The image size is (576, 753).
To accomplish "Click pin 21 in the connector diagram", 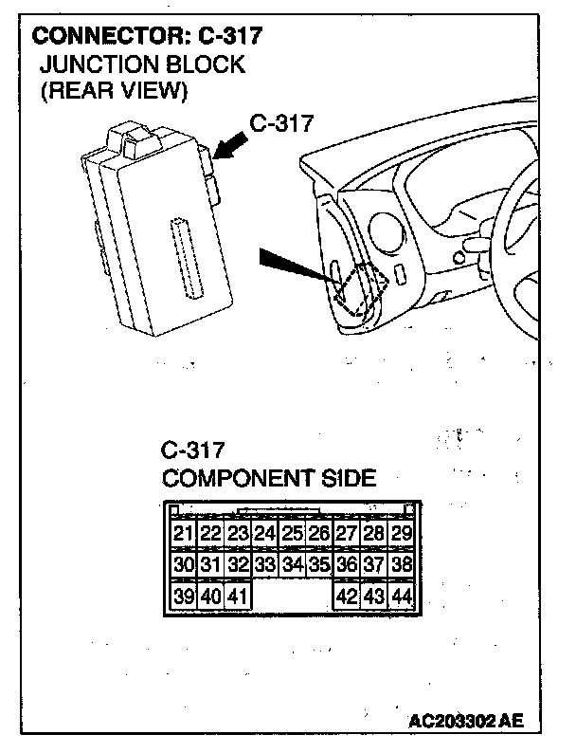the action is [184, 534].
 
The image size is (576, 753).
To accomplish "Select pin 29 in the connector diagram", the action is [402, 534].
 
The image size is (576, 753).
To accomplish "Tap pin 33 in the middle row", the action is [265, 565].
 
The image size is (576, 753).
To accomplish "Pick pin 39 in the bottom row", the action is [184, 597].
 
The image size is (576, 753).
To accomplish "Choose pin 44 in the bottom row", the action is [402, 597].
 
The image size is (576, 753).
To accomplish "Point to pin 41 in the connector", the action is [238, 597].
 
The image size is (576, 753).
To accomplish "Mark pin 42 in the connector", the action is [347, 597].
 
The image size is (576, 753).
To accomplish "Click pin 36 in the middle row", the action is [347, 565].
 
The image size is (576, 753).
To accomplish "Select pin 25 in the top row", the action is [293, 534].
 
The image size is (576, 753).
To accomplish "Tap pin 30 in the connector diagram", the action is [184, 565].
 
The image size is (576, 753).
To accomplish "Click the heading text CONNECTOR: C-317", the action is [147, 38].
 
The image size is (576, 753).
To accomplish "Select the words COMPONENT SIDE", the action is [269, 477].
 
